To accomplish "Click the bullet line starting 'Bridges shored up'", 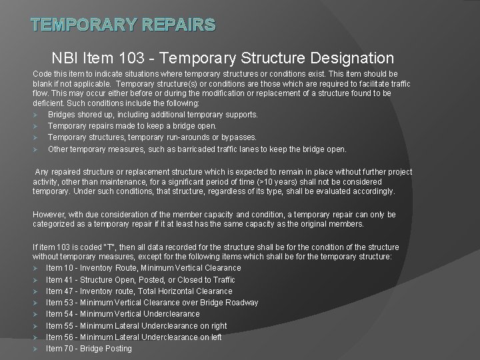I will point(153,114).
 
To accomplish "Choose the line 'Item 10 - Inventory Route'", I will point(143,268).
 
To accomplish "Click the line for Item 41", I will point(140,279).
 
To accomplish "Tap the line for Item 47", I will point(139,291).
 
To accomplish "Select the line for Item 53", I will point(152,302).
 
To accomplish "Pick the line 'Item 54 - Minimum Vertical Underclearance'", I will point(123,314).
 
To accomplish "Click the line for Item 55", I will point(136,325).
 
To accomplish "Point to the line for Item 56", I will point(134,337).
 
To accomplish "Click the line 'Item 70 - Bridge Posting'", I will point(89,348).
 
